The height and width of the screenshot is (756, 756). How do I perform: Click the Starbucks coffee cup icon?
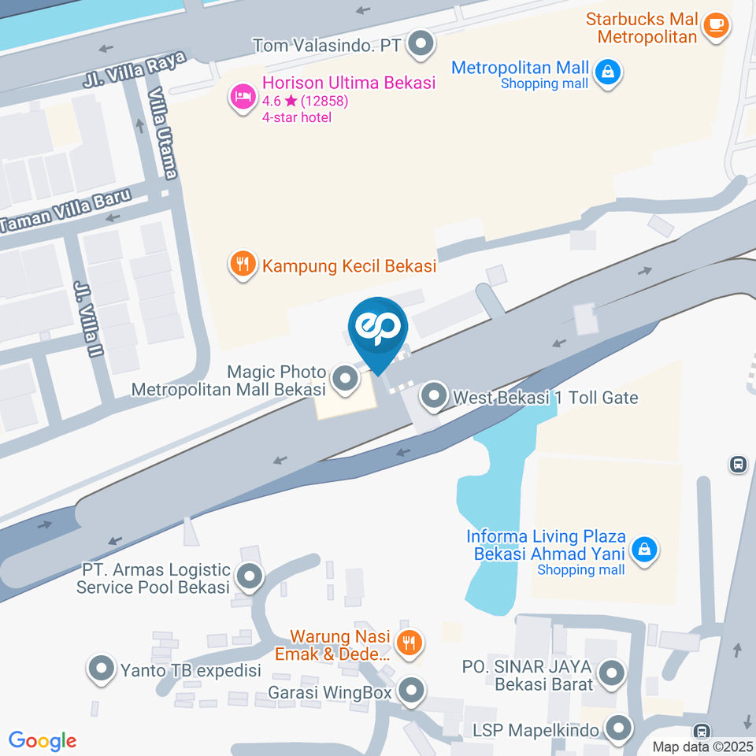pyautogui.click(x=715, y=24)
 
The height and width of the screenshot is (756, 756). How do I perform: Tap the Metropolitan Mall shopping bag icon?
pyautogui.click(x=608, y=73)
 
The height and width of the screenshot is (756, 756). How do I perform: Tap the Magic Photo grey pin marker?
pyautogui.click(x=344, y=379)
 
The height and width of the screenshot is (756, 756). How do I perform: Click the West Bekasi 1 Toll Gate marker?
pyautogui.click(x=433, y=398)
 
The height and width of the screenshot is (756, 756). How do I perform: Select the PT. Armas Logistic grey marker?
pyautogui.click(x=250, y=578)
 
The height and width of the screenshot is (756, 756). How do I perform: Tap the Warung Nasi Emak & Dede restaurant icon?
pyautogui.click(x=408, y=643)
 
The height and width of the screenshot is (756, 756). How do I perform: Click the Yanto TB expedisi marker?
pyautogui.click(x=101, y=671)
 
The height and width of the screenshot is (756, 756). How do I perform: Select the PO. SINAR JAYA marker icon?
pyautogui.click(x=611, y=674)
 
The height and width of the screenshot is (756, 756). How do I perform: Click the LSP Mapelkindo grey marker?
pyautogui.click(x=619, y=729)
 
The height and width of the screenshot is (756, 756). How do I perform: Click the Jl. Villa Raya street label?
pyautogui.click(x=134, y=70)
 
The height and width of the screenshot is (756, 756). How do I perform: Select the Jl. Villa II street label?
pyautogui.click(x=88, y=318)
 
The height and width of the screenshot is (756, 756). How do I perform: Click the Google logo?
pyautogui.click(x=43, y=740)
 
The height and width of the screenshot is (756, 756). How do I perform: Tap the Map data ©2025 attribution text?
pyautogui.click(x=703, y=747)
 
